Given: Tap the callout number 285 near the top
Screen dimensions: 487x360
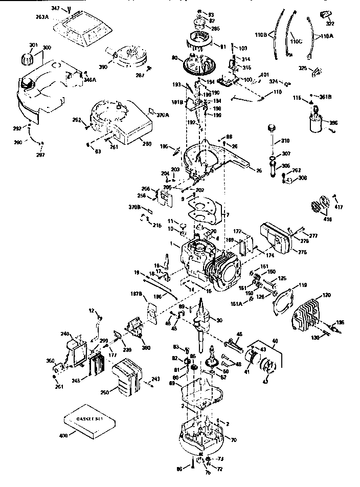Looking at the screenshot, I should coord(216,29).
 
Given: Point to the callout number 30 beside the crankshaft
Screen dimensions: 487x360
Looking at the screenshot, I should coord(219,320).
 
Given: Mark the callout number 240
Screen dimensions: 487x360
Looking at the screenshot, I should coord(65,334).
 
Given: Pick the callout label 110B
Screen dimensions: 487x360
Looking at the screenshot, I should coord(260,35).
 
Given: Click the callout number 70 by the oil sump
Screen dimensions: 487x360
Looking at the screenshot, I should coord(235,439).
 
